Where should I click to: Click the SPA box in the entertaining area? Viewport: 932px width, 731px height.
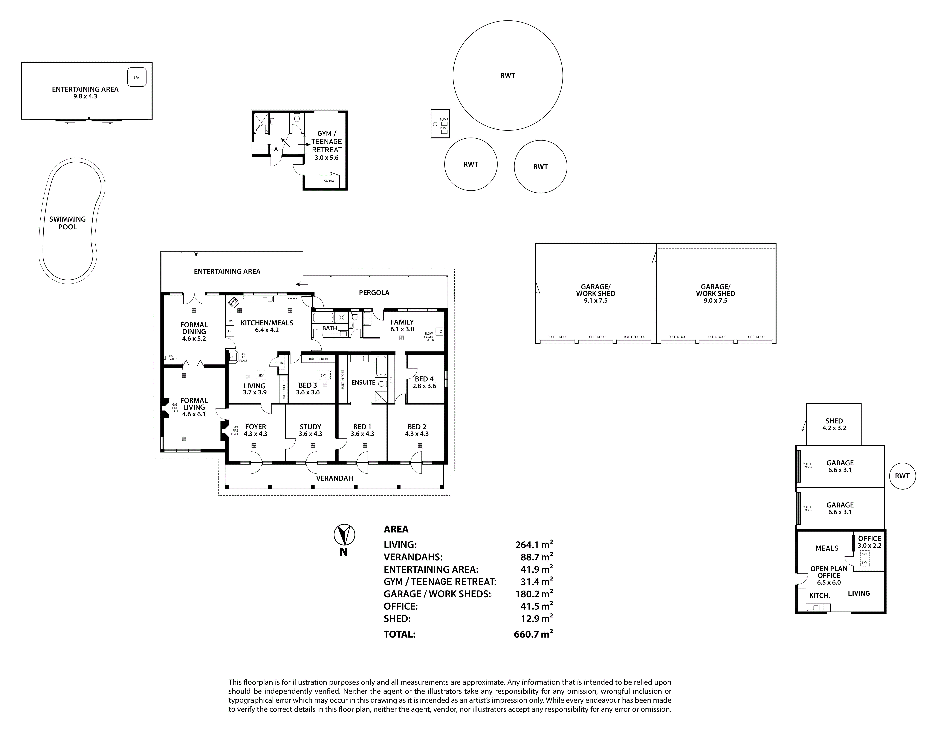tap(136, 77)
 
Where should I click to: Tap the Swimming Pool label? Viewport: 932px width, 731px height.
tap(68, 223)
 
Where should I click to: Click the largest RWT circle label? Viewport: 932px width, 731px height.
tap(508, 76)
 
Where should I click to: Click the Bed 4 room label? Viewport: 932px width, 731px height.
tap(424, 379)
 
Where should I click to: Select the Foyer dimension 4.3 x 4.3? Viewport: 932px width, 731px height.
tap(255, 434)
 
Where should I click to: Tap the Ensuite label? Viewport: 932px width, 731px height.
tap(363, 383)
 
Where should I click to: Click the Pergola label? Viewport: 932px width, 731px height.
tap(374, 293)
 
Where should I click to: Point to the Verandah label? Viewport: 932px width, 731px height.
tap(335, 478)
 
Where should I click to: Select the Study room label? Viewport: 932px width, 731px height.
tap(310, 427)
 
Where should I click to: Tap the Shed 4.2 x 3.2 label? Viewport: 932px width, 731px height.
tap(834, 424)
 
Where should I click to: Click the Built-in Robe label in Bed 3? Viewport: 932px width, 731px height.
tap(319, 359)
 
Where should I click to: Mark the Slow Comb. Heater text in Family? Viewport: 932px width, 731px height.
tap(429, 337)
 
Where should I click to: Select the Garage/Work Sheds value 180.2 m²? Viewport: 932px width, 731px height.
tap(534, 594)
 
